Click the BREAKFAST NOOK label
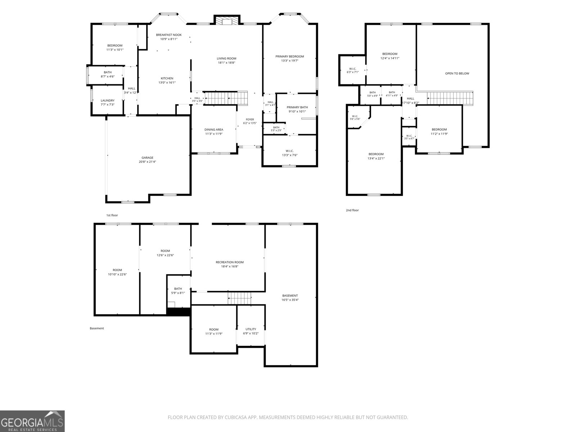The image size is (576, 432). click(169, 35)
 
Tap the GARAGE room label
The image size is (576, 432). click(147, 158)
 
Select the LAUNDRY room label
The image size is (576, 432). click(108, 100)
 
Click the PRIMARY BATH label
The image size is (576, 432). click(297, 107)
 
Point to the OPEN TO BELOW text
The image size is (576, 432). click(457, 73)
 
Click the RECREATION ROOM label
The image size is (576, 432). click(230, 262)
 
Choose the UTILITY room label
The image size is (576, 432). click(251, 329)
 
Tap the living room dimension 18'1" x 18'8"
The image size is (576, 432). click(226, 63)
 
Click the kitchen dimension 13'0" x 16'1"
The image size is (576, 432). click(167, 83)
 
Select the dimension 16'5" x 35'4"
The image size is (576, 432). click(290, 300)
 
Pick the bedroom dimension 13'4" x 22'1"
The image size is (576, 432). click(376, 158)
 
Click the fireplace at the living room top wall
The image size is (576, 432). click(227, 20)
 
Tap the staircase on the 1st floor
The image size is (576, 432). click(226, 98)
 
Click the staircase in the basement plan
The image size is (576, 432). click(239, 298)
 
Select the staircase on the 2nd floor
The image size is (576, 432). click(450, 98)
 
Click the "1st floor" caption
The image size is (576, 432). click(112, 215)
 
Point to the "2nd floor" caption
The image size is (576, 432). click(352, 210)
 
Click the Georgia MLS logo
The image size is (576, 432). click(32, 421)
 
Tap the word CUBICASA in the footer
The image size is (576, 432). click(236, 417)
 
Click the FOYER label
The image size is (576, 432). click(250, 120)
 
